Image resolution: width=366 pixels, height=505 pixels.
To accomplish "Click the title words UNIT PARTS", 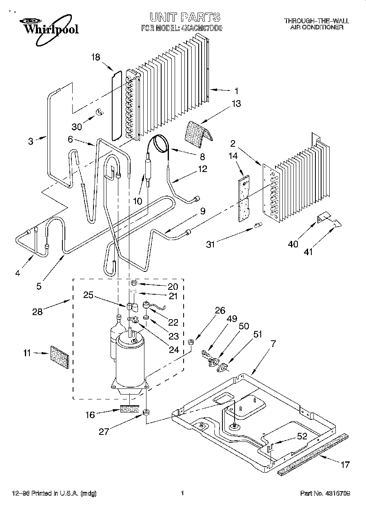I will pos(185,17).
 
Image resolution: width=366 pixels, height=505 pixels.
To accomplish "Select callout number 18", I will pos(95,57).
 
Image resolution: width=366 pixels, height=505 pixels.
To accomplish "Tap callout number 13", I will pos(236,104).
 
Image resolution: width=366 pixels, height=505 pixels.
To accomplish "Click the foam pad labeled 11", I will pos(59,357).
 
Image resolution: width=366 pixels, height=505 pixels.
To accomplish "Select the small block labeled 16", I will pos(130,409).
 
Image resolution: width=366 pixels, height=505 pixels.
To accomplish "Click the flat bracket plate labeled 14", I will pos(244,197).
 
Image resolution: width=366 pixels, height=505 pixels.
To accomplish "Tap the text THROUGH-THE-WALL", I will pos(317,21).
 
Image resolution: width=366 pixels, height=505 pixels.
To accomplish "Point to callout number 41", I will pos(308,252).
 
